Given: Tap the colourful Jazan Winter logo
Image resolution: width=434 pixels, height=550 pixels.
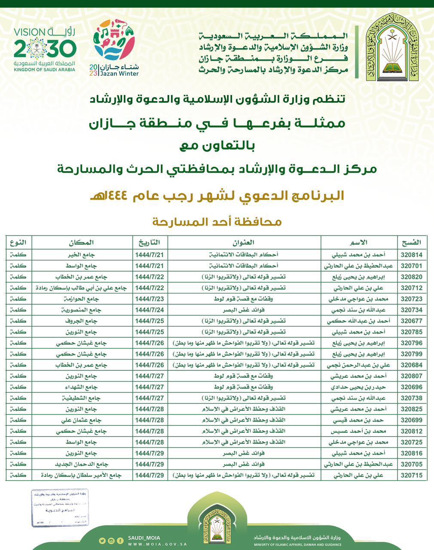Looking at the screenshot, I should [x=114, y=47].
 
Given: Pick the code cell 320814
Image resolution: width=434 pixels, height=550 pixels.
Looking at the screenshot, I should [x=412, y=254].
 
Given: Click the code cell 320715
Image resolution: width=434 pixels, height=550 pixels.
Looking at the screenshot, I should [x=412, y=475].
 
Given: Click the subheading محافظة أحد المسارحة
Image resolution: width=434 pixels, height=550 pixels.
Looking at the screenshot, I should [x=217, y=222].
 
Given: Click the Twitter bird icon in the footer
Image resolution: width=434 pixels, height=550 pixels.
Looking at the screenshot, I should [x=102, y=541].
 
